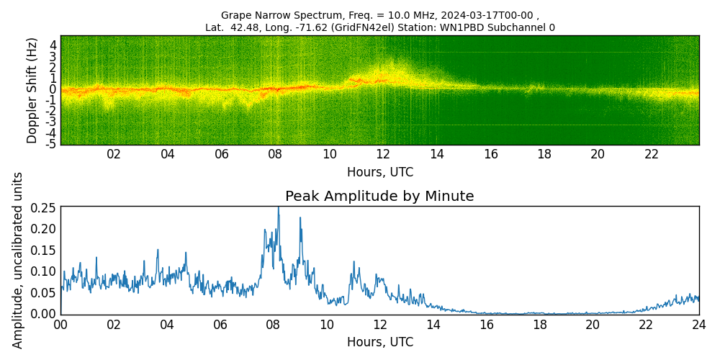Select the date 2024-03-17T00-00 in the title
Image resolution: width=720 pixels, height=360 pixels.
coord(484,15)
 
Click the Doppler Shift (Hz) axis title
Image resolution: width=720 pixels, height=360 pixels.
coord(32,90)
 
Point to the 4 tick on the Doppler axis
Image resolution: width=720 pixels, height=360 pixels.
coord(53,45)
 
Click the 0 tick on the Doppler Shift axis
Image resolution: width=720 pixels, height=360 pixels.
coord(53,89)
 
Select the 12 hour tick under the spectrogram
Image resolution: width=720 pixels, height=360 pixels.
coord(383,154)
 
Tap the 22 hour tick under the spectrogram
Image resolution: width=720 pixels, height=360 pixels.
coord(652,154)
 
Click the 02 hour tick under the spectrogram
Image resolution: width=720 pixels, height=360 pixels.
coord(114,154)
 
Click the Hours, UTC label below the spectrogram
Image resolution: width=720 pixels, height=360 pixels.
coord(379,173)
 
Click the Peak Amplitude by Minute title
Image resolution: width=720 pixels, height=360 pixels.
coord(379,197)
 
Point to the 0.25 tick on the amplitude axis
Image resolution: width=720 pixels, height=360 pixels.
coord(43,207)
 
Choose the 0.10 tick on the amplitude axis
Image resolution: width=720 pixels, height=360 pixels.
coord(43,271)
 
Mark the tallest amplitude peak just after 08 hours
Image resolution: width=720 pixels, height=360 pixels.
coord(279,208)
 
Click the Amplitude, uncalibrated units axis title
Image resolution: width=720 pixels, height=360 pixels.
coord(18,260)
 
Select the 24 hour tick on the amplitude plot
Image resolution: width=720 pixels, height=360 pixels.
coord(698,325)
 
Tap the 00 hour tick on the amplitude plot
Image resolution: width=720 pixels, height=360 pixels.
coord(60,325)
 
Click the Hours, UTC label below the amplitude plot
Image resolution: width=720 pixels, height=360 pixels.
coord(379,342)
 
